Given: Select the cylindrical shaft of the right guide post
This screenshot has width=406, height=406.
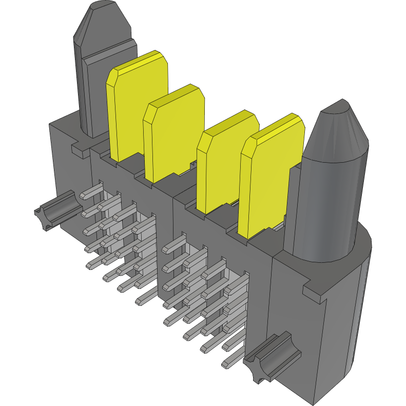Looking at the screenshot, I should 328,205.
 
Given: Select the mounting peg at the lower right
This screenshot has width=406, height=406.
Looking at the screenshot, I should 269,359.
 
